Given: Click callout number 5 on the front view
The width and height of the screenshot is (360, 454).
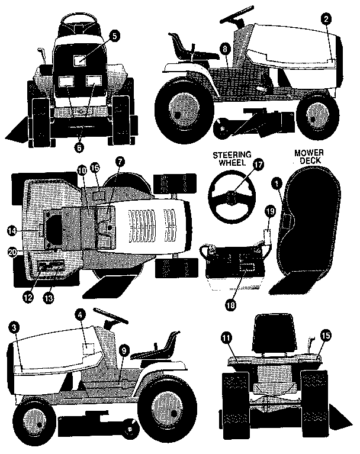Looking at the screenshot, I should click(x=114, y=35).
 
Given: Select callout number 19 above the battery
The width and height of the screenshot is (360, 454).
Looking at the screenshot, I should click(x=269, y=211).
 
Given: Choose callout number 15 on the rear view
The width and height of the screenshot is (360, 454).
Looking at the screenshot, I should click(x=324, y=335).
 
